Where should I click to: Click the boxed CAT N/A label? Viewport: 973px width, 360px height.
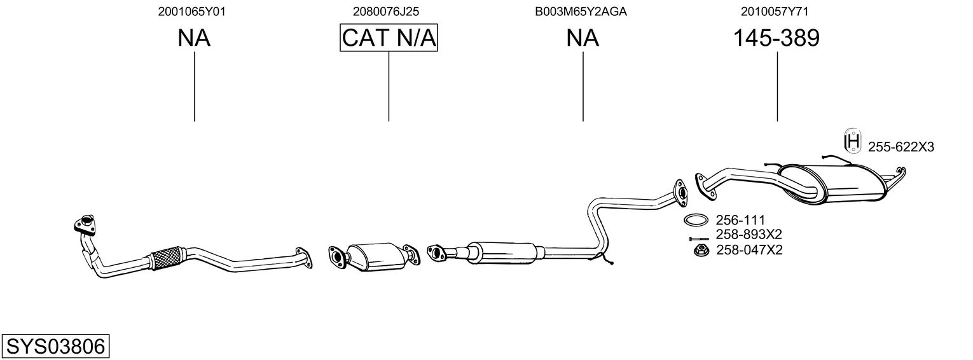click(389, 39)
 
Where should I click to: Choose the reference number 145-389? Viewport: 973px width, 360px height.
click(776, 39)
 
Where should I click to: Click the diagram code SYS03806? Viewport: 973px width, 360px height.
click(55, 347)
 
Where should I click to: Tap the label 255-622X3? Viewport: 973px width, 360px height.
click(901, 148)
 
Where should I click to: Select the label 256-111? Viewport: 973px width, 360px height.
click(740, 220)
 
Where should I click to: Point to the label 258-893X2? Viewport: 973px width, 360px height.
click(749, 234)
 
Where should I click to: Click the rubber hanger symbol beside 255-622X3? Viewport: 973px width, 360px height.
click(852, 141)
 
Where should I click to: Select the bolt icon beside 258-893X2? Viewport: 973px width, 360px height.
click(698, 239)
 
